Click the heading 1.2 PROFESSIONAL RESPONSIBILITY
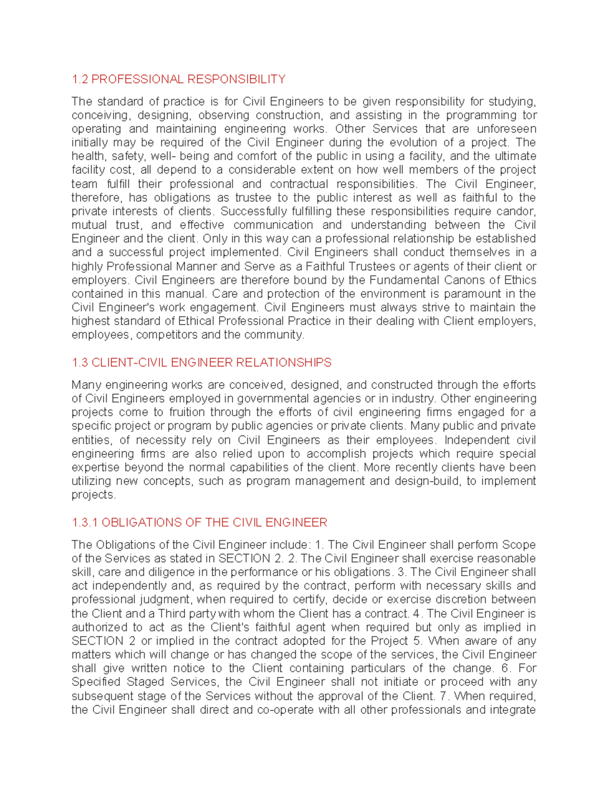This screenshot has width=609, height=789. pos(178,79)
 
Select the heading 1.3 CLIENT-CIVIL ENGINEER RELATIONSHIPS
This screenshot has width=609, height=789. pos(201,362)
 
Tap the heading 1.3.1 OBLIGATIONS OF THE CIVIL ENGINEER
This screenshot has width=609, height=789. pos(199,522)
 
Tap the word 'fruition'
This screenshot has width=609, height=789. pos(187,412)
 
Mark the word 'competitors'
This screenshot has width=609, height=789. pos(166,335)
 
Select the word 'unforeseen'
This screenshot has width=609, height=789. pos(506,129)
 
